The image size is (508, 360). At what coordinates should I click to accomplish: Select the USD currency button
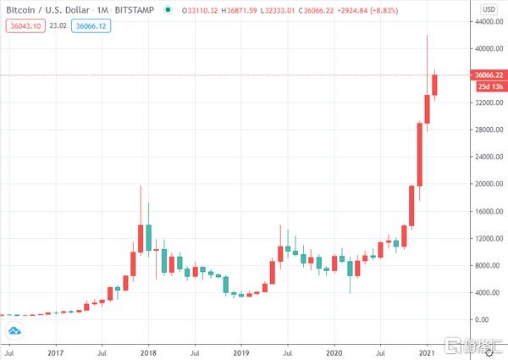pos(488,9)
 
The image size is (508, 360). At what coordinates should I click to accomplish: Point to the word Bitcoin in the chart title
pos(22,9)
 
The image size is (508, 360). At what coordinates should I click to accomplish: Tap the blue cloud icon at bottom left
pos(14,330)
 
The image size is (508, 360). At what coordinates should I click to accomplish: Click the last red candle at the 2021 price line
pos(434,85)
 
